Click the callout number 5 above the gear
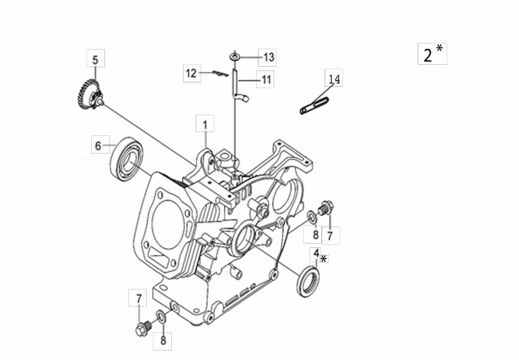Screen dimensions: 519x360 (x=96, y=60)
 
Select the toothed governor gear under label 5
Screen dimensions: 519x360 (x=89, y=95)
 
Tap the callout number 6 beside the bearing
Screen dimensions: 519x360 (x=98, y=145)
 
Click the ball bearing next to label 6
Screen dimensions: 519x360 (x=127, y=159)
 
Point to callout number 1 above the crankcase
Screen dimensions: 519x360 (x=205, y=125)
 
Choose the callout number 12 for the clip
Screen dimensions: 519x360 (x=191, y=73)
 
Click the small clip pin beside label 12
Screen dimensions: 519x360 (x=220, y=73)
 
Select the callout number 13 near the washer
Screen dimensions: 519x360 (x=269, y=57)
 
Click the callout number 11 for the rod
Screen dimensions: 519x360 (x=266, y=79)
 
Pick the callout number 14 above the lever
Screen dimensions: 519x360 (x=334, y=79)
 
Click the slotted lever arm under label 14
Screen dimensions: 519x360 (x=314, y=106)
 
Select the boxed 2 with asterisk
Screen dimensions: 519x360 (x=432, y=53)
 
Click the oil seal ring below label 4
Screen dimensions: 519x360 (x=308, y=281)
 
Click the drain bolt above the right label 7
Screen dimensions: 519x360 (x=325, y=208)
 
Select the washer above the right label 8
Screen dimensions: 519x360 (x=312, y=217)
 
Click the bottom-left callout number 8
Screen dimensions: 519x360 (x=163, y=340)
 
